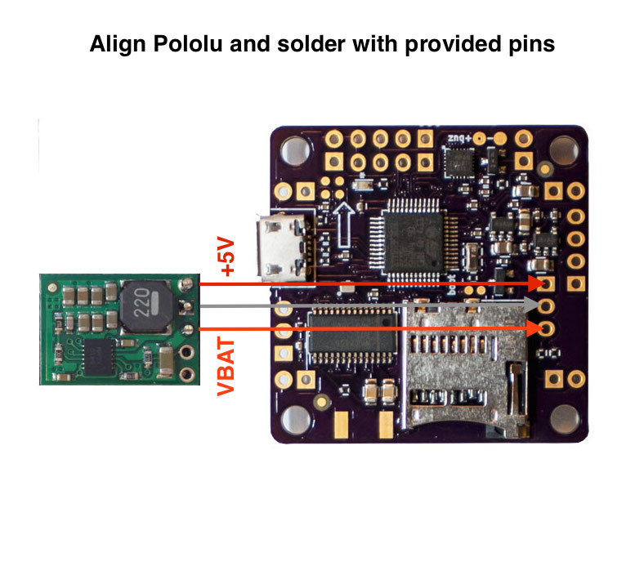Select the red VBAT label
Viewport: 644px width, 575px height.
227,367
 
